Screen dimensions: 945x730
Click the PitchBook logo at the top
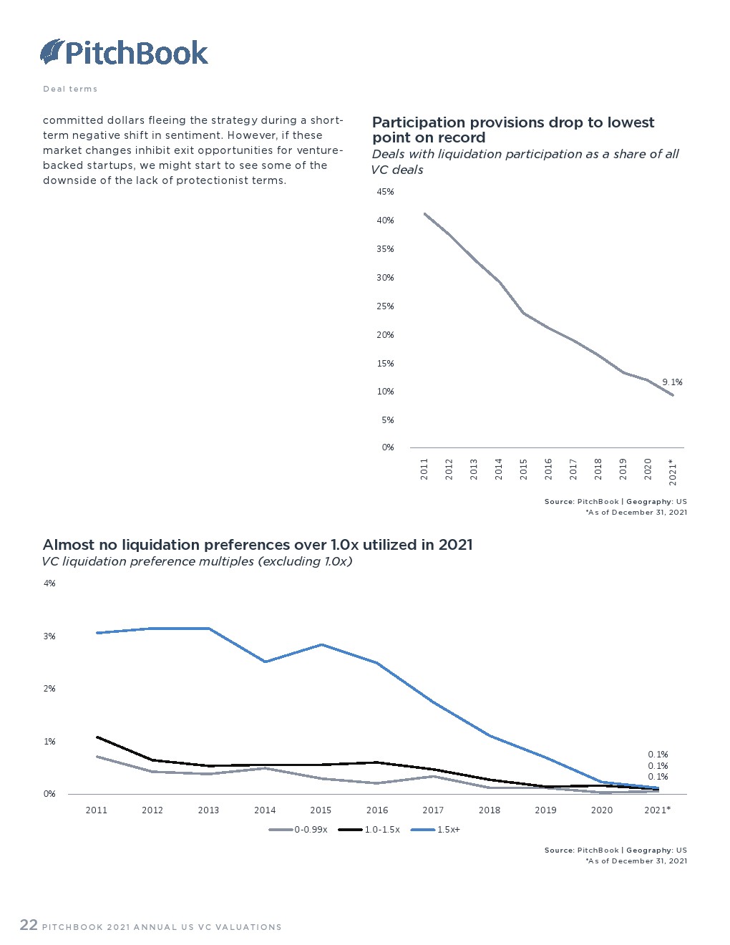[x=125, y=52]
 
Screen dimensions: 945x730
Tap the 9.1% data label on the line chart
[x=672, y=382]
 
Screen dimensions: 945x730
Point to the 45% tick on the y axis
[x=385, y=192]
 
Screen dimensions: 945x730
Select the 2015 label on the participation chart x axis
[x=524, y=469]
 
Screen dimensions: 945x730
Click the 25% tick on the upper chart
[x=385, y=306]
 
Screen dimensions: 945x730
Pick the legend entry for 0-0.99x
[x=299, y=830]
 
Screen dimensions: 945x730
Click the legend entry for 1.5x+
[x=437, y=830]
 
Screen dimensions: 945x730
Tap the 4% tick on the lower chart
[x=49, y=583]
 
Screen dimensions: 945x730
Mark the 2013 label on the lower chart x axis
[x=208, y=810]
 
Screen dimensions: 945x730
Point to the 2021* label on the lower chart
[x=657, y=810]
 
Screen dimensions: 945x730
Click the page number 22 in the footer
[x=29, y=925]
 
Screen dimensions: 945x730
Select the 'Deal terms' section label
[x=70, y=89]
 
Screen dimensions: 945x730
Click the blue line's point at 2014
[x=265, y=661]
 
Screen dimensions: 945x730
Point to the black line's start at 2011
[x=97, y=737]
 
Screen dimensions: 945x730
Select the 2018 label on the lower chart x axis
[x=490, y=810]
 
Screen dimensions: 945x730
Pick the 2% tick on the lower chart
[x=49, y=689]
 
